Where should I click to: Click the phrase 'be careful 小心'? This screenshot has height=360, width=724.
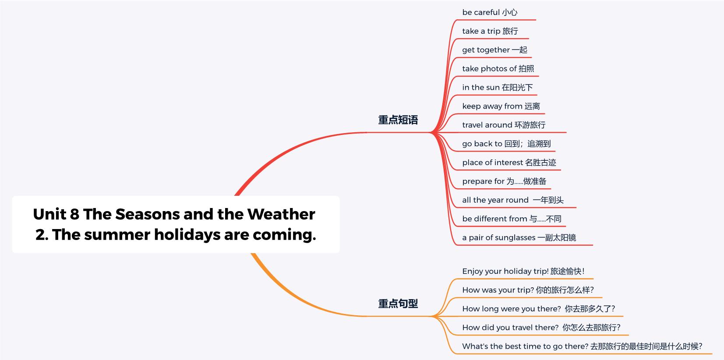[x=490, y=12]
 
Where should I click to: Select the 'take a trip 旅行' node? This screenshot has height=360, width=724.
[x=490, y=31]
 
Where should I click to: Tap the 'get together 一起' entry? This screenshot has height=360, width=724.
[x=494, y=50]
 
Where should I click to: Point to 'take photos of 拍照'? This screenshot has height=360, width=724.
[x=498, y=68]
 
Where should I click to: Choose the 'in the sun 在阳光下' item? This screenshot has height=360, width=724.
[x=498, y=87]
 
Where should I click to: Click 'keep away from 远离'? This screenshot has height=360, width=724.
[x=501, y=106]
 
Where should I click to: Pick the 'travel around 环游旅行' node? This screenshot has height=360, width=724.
[x=504, y=125]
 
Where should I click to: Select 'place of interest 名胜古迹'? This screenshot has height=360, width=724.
[x=509, y=162]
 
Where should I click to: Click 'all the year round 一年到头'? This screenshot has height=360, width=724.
[x=513, y=200]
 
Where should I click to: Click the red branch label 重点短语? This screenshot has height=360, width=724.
[x=398, y=120]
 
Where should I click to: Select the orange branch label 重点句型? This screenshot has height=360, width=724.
[x=398, y=304]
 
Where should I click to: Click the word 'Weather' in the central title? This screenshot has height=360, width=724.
[x=281, y=214]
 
